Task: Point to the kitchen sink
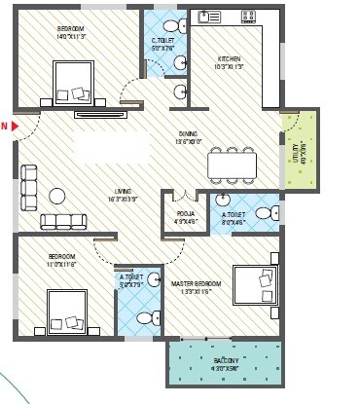click(x=205, y=17)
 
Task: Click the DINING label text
click(x=189, y=135)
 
